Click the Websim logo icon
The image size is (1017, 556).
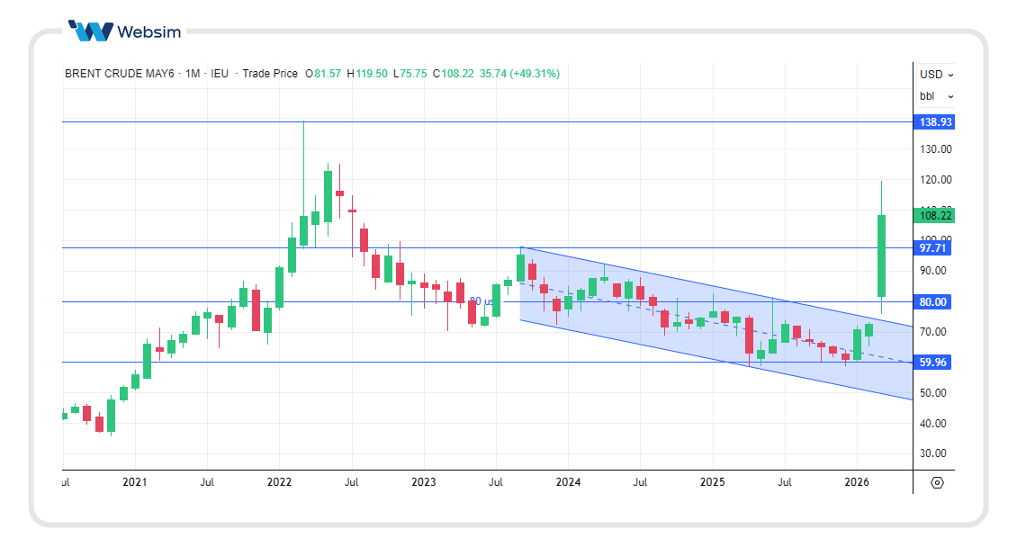91,31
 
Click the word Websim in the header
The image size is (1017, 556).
148,32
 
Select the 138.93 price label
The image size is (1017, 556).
932,121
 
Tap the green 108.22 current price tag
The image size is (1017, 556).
932,216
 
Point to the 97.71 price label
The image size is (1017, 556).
932,247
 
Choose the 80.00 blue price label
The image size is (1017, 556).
932,302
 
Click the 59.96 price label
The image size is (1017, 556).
932,363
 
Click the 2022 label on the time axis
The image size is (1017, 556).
279,482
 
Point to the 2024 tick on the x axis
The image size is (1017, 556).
568,482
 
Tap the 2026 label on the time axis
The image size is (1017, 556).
857,482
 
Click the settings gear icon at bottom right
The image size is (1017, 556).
937,483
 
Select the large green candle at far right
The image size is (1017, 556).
881,256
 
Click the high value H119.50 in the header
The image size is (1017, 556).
367,74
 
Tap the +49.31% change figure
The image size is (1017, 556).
535,74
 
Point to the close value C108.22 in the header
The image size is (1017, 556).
453,74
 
